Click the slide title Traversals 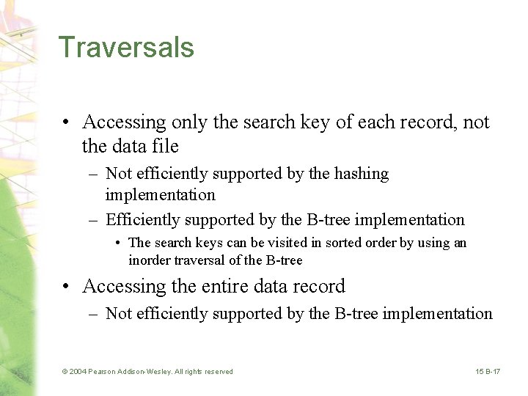126,47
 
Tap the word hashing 362,174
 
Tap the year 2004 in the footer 78,372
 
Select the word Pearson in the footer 102,372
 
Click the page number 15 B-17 488,372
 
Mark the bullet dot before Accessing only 67,122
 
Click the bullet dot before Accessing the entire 67,287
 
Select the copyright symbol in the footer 65,372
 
